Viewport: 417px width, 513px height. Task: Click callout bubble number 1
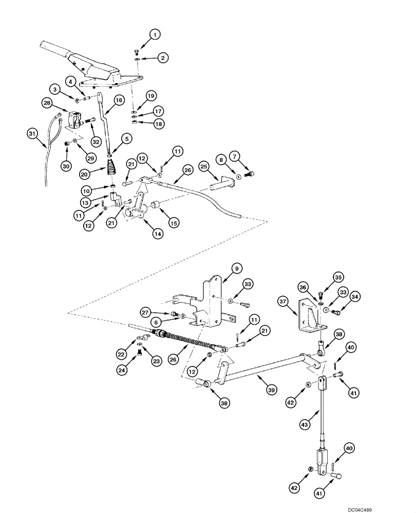pyautogui.click(x=156, y=34)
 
